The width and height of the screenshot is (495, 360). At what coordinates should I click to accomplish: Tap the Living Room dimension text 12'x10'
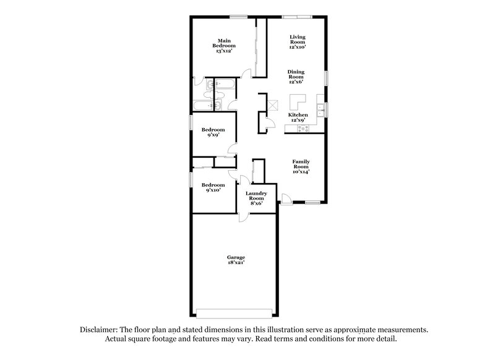point(297,47)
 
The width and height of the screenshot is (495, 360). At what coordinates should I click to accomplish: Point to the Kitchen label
point(298,115)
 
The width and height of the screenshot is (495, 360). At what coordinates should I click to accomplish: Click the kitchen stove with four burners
point(303,128)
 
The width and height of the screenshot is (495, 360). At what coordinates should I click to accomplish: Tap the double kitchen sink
point(321,111)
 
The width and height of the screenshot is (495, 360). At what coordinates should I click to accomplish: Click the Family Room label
point(301,165)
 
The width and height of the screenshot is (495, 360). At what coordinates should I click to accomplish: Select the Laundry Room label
point(256,197)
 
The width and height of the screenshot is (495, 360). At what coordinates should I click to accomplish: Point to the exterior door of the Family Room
point(286,199)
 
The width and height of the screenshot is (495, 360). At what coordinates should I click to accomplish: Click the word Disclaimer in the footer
point(100,330)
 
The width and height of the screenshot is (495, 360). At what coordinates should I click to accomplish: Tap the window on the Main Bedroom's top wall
point(235,16)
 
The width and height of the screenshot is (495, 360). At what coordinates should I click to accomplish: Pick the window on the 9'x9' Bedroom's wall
point(190,122)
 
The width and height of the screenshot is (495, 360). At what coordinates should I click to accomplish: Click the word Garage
point(235,257)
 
